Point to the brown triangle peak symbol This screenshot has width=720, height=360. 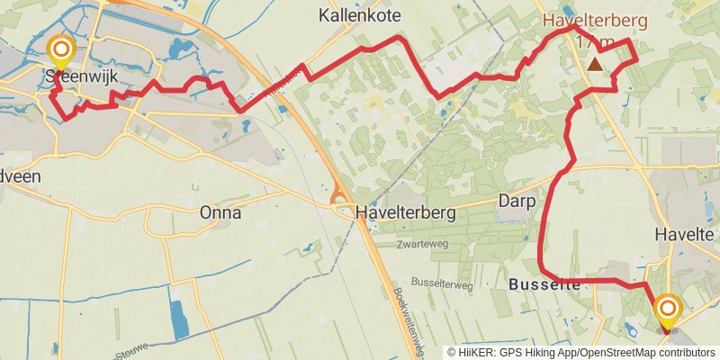click(x=596, y=64)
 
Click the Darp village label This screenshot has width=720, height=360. click(x=517, y=202)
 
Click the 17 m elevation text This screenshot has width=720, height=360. click(x=593, y=42)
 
